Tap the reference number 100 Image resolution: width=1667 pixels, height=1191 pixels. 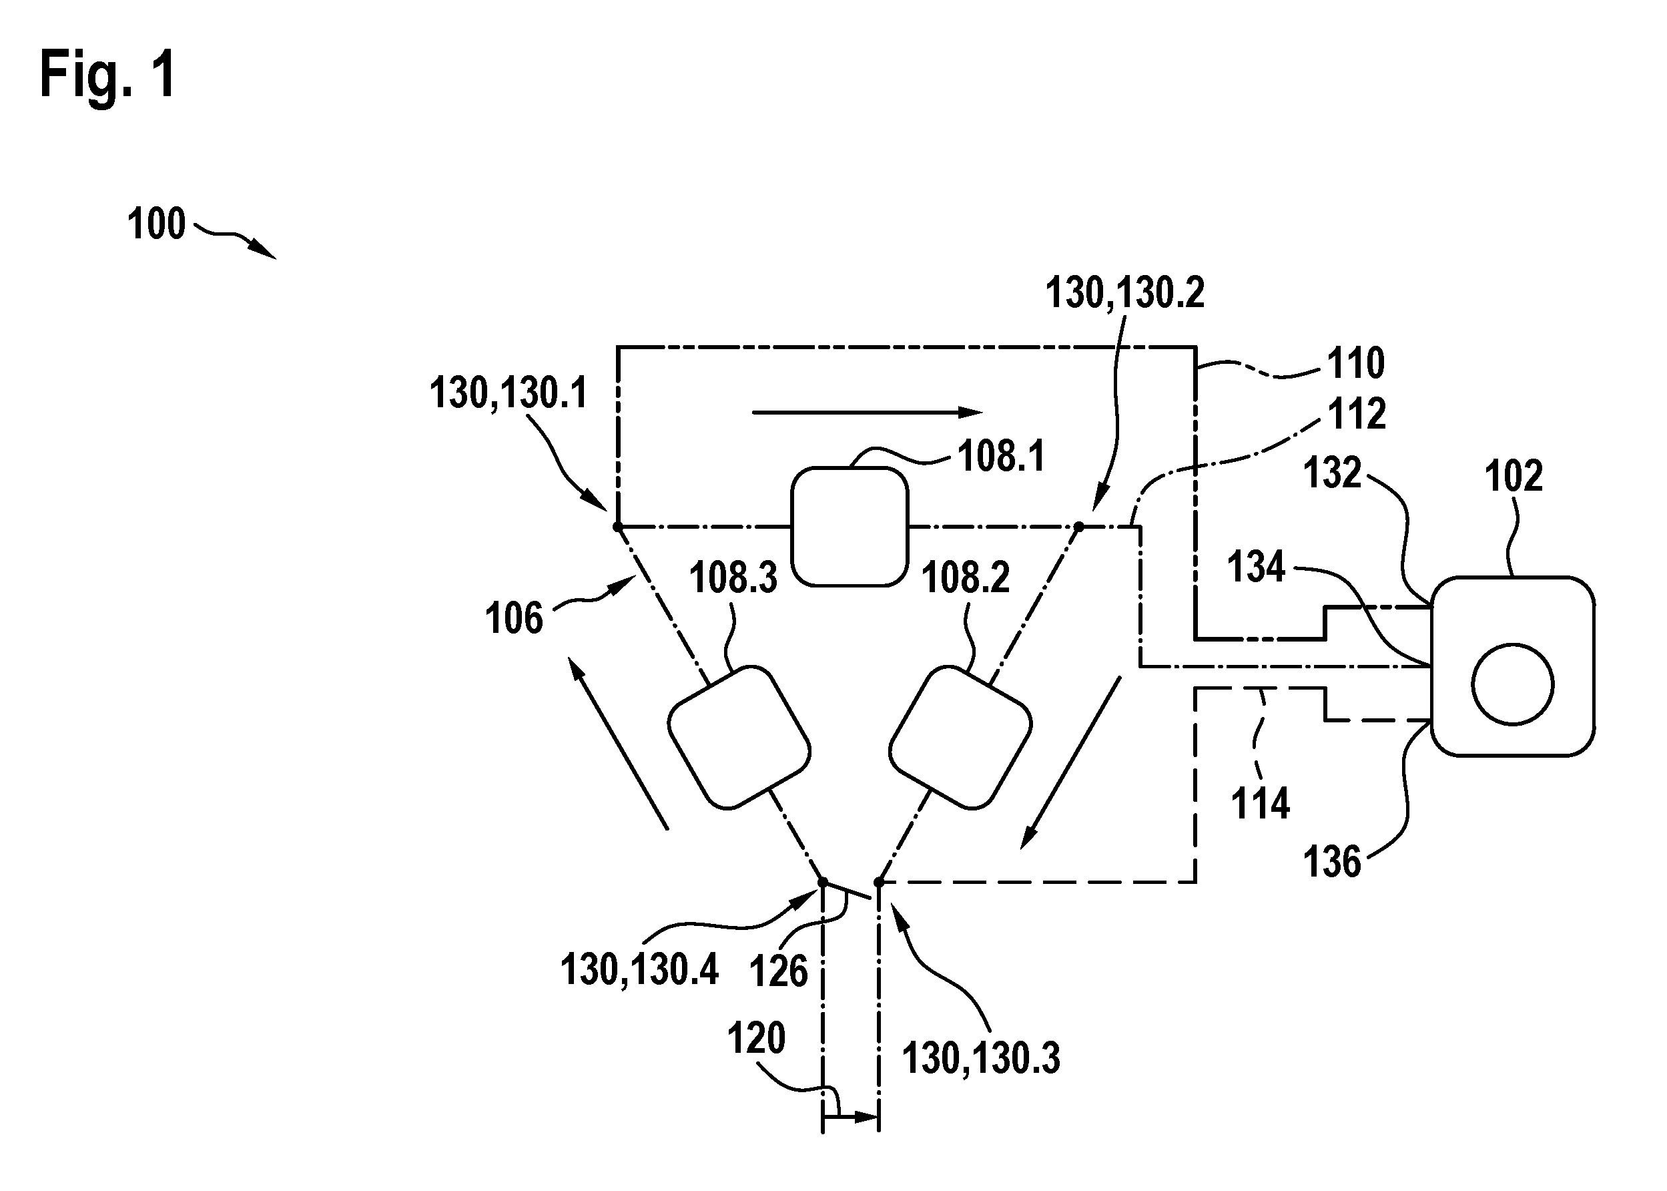(156, 224)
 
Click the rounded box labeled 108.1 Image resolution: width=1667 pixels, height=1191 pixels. (850, 527)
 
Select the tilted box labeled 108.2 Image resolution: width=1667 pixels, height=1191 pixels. (960, 737)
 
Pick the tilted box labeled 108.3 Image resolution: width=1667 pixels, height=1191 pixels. (739, 737)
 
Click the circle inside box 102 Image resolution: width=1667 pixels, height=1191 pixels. (1512, 684)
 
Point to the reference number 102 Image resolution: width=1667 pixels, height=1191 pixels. (1514, 476)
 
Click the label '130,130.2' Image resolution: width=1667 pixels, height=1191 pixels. (1124, 292)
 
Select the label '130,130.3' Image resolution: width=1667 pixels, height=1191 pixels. (981, 1058)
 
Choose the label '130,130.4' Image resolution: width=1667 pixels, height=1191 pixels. (639, 969)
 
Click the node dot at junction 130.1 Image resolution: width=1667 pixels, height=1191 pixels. (617, 527)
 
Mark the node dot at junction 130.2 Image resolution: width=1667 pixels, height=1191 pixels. (1078, 527)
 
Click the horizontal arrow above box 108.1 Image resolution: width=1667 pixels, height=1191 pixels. (868, 413)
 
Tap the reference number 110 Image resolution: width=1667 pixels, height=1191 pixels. (1356, 363)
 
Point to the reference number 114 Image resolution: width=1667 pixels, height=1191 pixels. (1261, 803)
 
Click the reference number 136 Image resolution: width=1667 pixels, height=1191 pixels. (1332, 862)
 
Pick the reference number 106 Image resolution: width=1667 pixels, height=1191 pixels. (514, 618)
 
